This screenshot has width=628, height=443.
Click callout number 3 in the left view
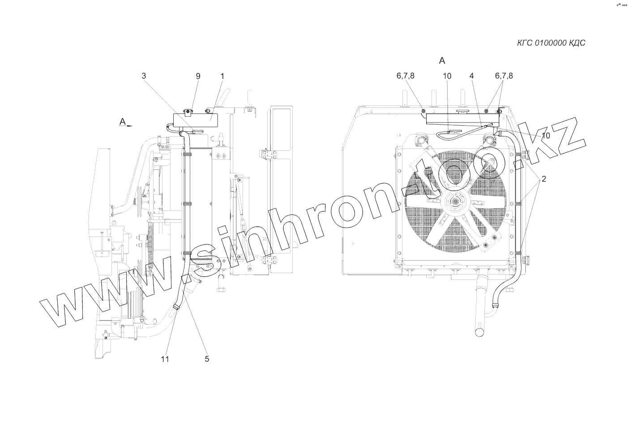point(144,76)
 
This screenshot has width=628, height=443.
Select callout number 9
point(198,76)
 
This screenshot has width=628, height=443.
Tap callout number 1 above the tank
point(222,76)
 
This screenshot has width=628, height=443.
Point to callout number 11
point(165,359)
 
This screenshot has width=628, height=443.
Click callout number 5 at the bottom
point(207,359)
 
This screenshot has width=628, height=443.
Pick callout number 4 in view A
point(472,76)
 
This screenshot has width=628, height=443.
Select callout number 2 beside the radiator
point(543,179)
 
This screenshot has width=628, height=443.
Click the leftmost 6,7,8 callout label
point(406,76)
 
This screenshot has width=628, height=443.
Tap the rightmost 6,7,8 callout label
point(504,76)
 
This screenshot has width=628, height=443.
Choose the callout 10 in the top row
point(447,76)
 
